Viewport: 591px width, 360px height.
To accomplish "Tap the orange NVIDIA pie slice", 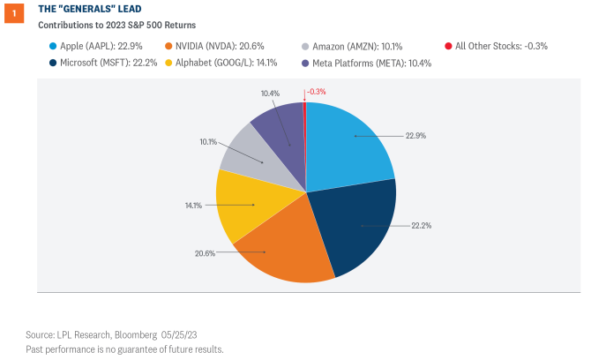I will [x=273, y=247].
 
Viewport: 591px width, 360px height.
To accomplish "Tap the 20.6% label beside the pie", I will [x=205, y=253].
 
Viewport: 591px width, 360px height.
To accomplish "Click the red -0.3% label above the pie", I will [x=318, y=92].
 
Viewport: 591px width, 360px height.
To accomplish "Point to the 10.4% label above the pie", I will [x=270, y=92].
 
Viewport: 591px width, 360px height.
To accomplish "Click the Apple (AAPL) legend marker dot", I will [x=56, y=45].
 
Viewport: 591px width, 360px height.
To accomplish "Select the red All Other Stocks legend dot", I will [x=449, y=45].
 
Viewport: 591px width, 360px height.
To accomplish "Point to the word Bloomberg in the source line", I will [x=135, y=335].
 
